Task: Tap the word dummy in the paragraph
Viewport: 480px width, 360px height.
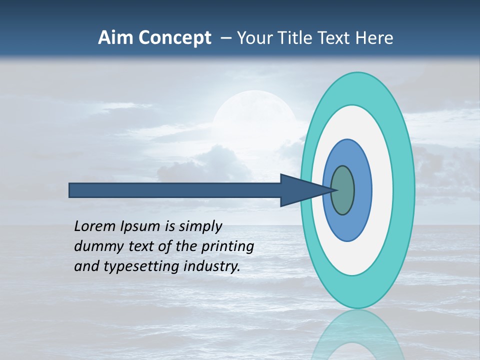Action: point(95,246)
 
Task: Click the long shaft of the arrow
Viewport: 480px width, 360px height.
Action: point(175,190)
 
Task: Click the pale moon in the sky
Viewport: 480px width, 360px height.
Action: point(253,115)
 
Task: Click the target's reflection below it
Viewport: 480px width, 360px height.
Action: point(357,335)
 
